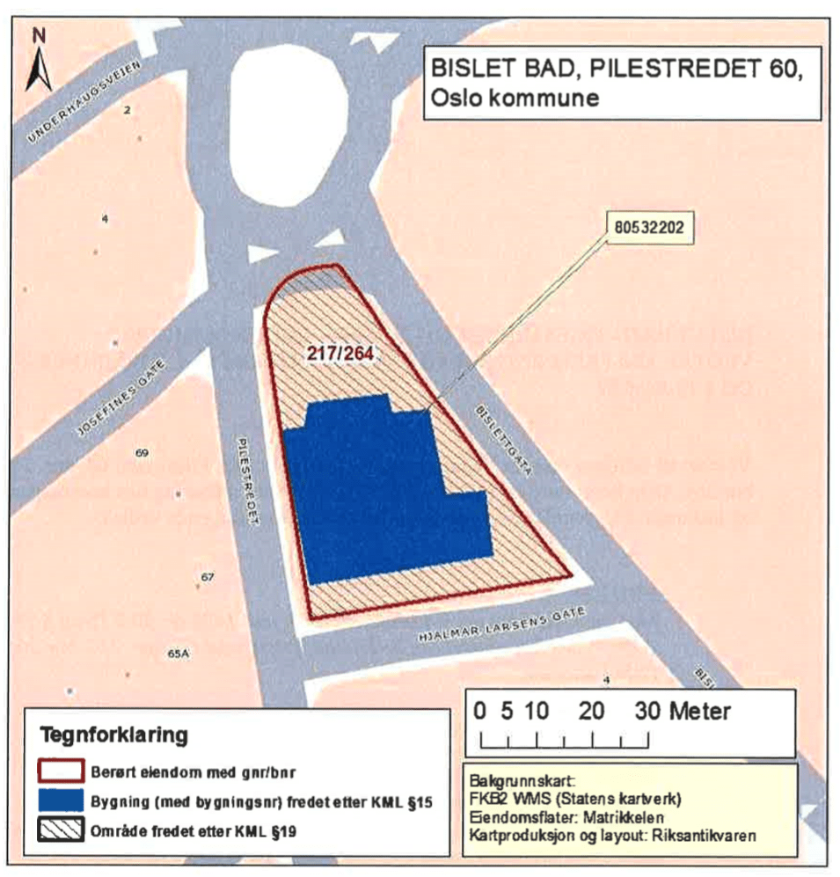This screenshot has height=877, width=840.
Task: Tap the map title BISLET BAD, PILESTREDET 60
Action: [x=613, y=68]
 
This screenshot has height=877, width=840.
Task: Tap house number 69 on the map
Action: [x=142, y=453]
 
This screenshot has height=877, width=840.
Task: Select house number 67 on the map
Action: [x=208, y=578]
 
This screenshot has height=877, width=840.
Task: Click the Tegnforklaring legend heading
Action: [x=113, y=734]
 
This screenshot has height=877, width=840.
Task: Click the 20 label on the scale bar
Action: [x=591, y=711]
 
